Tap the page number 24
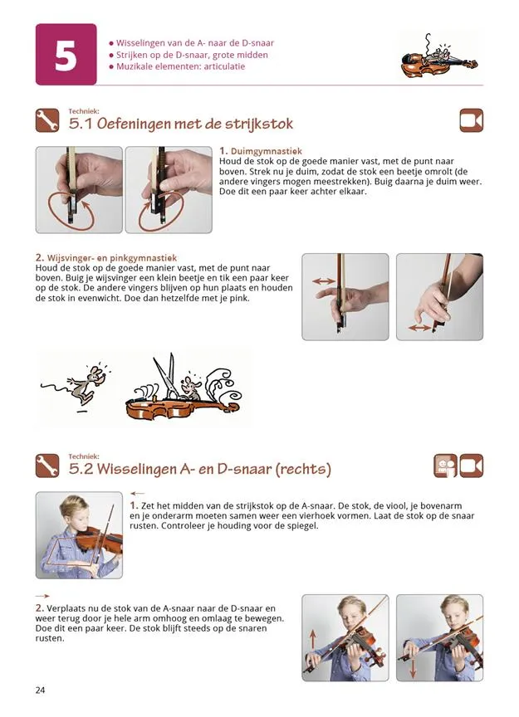[x=41, y=690]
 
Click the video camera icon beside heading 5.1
[x=472, y=120]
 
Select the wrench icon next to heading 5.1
[x=47, y=120]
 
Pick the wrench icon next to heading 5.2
[x=47, y=466]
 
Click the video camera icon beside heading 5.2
[x=472, y=466]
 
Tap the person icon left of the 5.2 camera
[x=445, y=466]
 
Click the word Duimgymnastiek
[x=267, y=151]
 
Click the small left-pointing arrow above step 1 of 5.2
[x=137, y=494]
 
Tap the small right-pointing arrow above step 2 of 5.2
[x=42, y=597]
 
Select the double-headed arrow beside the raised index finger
[x=324, y=281]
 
